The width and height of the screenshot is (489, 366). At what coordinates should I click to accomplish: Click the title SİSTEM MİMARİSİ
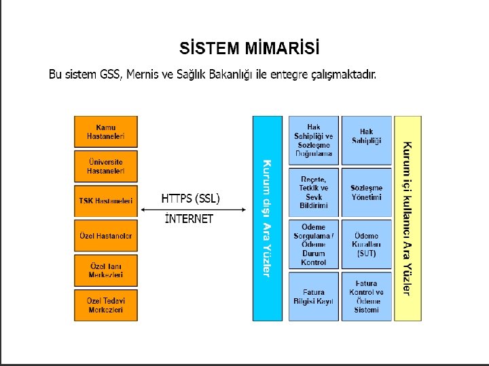249,48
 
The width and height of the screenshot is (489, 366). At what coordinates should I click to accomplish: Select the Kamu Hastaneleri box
105,132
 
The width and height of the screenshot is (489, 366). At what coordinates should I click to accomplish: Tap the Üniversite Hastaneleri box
105,167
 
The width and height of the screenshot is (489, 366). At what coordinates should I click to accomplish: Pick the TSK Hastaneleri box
105,201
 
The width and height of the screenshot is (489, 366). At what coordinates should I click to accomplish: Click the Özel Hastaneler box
105,236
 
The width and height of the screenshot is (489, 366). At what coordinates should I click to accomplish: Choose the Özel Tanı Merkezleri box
105,270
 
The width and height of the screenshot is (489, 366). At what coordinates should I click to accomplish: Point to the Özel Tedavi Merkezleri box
105,305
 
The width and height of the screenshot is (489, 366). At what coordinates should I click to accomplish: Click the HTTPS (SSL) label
191,199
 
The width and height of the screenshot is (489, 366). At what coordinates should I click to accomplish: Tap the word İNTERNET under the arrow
189,219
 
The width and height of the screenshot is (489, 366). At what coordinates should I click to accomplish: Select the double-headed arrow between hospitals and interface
194,210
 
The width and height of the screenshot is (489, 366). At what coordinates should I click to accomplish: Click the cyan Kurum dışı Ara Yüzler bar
267,218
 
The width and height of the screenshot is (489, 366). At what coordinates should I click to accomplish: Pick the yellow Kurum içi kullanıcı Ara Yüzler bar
407,218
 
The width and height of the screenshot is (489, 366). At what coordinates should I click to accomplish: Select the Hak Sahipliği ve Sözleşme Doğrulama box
313,140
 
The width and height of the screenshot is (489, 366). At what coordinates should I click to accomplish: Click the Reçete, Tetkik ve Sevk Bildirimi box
313,192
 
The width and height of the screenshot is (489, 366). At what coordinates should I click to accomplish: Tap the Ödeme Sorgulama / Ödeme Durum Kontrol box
313,244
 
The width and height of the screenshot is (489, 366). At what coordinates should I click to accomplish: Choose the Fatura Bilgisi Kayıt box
313,296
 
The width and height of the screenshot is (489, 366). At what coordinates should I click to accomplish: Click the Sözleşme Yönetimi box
367,192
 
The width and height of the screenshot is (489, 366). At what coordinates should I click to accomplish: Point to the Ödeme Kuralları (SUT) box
367,244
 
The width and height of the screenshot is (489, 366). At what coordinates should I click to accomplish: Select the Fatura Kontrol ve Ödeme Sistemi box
367,296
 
